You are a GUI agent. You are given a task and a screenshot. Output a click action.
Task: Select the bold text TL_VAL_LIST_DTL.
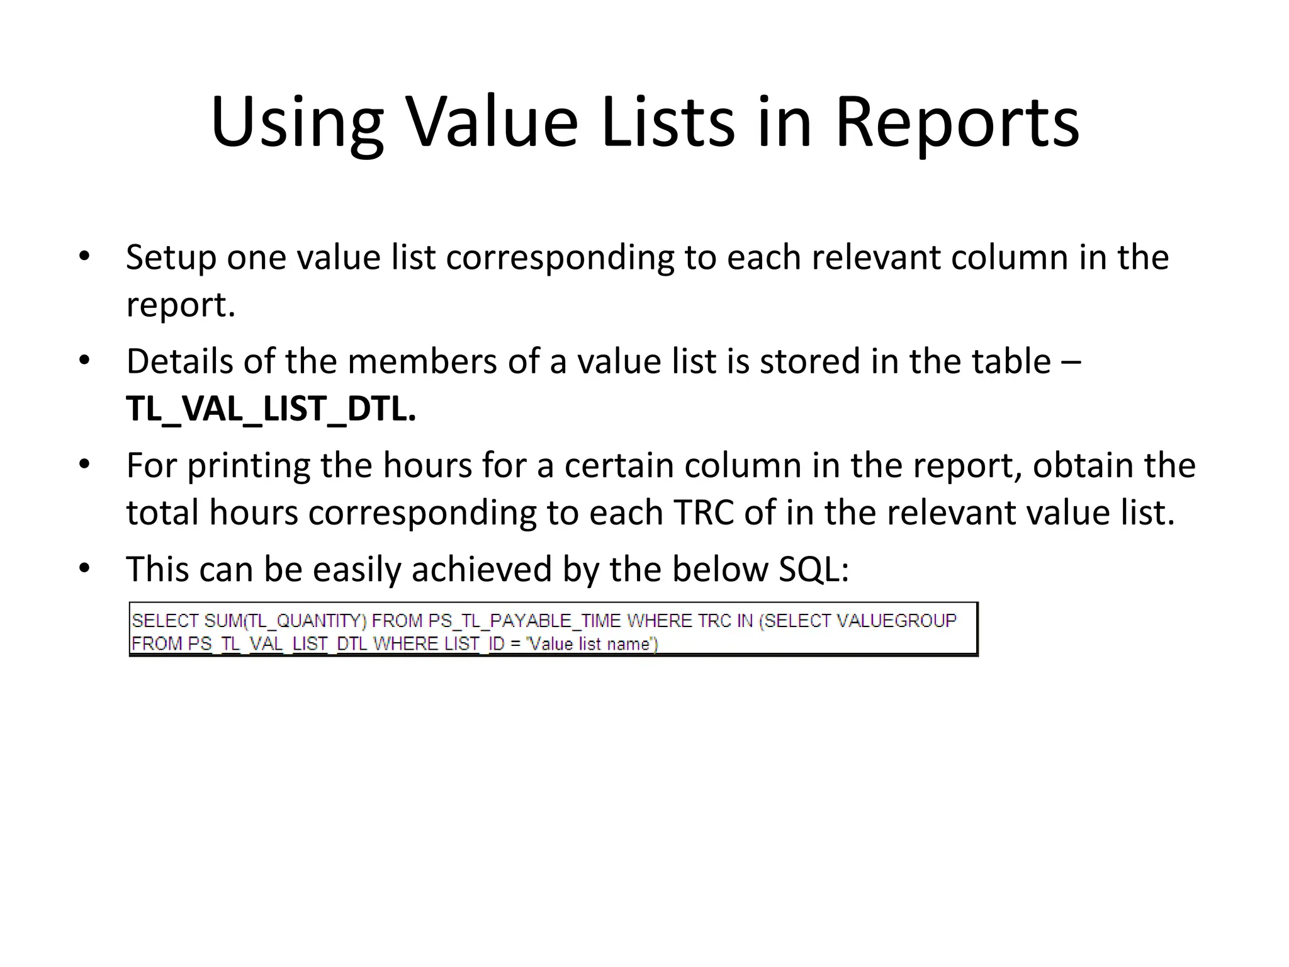coord(271,409)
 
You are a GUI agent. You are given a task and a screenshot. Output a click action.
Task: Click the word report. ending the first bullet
coord(181,305)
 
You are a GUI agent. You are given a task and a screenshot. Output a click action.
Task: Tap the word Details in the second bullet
coord(180,361)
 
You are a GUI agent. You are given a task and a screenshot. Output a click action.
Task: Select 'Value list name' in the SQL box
coord(590,644)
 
